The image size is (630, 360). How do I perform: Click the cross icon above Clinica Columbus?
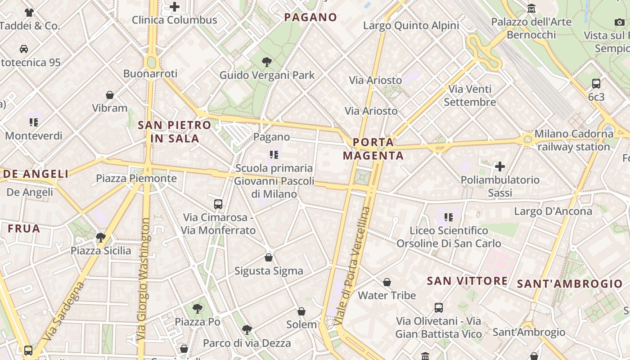tap(175, 7)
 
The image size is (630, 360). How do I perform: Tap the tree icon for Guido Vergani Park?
tap(267, 62)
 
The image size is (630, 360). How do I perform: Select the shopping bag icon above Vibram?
tap(110, 95)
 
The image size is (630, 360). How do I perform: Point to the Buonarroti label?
tap(150, 73)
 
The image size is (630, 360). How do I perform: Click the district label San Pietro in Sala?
tap(175, 132)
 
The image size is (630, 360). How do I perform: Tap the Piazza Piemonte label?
tap(136, 178)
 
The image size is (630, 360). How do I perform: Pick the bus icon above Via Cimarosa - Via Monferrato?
tap(218, 204)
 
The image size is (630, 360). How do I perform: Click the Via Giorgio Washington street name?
tap(144, 279)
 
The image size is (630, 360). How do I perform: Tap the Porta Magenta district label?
tap(373, 149)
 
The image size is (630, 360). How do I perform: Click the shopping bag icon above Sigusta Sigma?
tap(269, 257)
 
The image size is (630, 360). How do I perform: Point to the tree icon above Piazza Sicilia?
tap(101, 237)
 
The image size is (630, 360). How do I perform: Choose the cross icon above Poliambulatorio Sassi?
tap(500, 166)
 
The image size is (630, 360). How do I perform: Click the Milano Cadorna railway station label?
tap(574, 140)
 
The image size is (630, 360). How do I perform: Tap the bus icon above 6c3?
tap(596, 83)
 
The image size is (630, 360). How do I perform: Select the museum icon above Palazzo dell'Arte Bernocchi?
tap(531, 9)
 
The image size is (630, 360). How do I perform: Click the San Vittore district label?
tap(467, 281)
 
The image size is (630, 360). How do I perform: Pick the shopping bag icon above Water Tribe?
tap(387, 282)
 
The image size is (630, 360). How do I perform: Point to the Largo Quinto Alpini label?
tap(411, 25)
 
